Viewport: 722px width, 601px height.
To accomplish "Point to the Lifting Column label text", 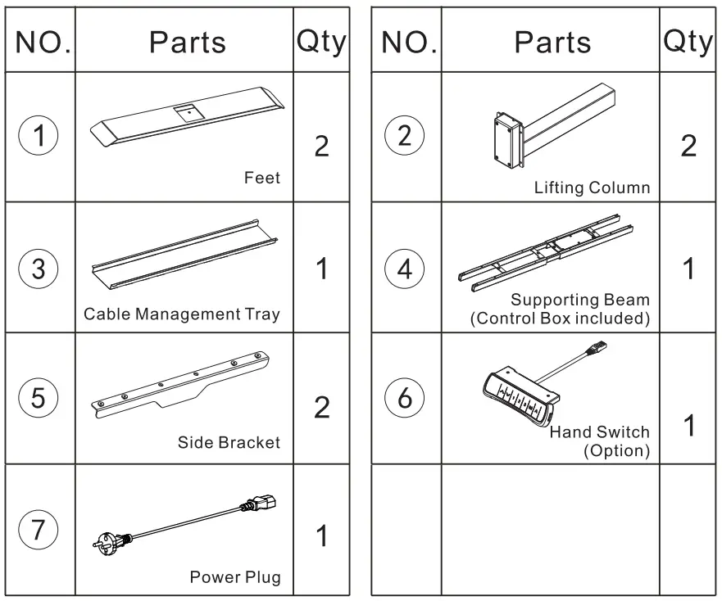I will pyautogui.click(x=592, y=188).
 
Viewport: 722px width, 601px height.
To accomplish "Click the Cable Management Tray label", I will pyautogui.click(x=182, y=314).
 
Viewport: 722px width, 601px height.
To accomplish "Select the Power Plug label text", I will pyautogui.click(x=235, y=577).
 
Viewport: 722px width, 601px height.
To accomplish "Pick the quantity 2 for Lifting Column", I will pyautogui.click(x=688, y=146).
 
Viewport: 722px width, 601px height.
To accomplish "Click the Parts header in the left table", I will pyautogui.click(x=187, y=42).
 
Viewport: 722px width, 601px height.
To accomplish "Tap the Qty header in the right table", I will pyautogui.click(x=688, y=42).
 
